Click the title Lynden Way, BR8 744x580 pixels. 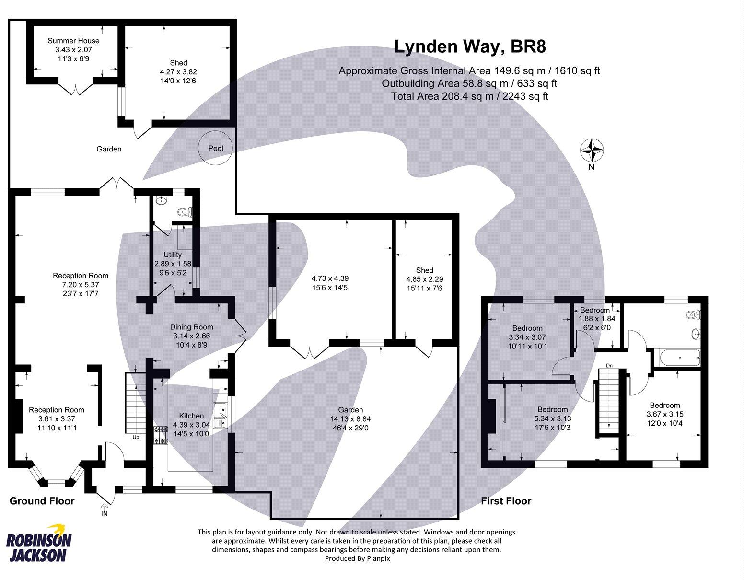(x=470, y=46)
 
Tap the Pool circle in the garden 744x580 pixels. (x=216, y=148)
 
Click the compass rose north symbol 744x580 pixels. (x=592, y=151)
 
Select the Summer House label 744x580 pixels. (x=73, y=41)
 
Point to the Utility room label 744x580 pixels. (x=173, y=255)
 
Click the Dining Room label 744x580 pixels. (x=191, y=327)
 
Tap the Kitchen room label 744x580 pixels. (x=191, y=416)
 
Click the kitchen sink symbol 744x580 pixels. (x=221, y=415)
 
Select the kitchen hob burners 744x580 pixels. (x=160, y=435)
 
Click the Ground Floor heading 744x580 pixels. (x=42, y=501)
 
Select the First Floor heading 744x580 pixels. (x=506, y=501)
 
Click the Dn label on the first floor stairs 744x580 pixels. (x=609, y=366)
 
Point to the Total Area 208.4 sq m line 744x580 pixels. (x=469, y=96)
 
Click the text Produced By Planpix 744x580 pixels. (x=357, y=558)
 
